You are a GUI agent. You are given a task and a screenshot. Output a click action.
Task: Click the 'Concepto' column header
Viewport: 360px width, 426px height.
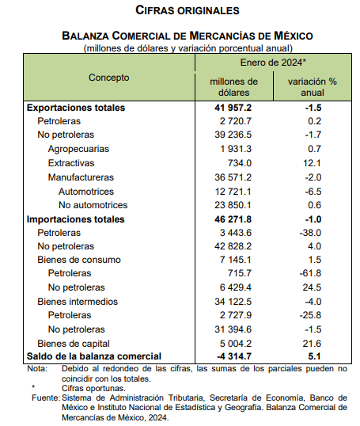(x=109, y=78)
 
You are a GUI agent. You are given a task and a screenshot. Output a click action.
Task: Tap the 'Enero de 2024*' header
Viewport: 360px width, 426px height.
(x=273, y=63)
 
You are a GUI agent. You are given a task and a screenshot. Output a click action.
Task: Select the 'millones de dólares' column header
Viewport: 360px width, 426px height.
(x=233, y=87)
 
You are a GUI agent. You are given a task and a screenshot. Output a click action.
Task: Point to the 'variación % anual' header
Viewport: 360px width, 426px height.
(x=313, y=87)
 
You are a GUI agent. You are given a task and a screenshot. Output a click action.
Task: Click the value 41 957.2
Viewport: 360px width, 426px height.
(x=233, y=108)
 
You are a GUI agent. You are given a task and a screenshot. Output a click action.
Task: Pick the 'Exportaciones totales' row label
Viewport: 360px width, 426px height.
(x=76, y=108)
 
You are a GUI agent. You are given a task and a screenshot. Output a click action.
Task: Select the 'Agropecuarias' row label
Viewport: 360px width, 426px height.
(x=78, y=149)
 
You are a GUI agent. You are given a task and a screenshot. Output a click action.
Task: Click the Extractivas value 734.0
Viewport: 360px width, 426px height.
(x=240, y=163)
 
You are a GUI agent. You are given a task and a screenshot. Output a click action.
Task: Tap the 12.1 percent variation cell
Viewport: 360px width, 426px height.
(x=312, y=163)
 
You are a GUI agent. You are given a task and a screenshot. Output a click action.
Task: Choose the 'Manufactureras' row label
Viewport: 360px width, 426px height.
(x=81, y=177)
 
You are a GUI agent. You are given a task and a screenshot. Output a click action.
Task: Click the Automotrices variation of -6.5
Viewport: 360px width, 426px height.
(x=313, y=192)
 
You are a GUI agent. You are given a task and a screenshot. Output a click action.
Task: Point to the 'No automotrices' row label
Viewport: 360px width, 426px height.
(x=93, y=205)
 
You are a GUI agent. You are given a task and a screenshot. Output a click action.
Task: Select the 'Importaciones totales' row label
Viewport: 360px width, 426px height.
(x=75, y=219)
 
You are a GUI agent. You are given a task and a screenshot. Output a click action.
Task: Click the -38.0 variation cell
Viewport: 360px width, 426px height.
(x=310, y=233)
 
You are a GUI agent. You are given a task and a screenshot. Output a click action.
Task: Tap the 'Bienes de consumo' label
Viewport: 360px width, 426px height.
(x=79, y=260)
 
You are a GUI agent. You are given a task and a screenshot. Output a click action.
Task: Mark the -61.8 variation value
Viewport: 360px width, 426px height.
(x=310, y=273)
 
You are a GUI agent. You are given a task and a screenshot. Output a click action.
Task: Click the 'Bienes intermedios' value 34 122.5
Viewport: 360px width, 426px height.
(x=233, y=302)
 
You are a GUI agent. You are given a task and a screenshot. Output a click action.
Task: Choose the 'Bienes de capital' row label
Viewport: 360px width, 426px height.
(x=74, y=344)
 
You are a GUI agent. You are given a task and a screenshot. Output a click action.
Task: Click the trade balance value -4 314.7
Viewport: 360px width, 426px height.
(x=234, y=356)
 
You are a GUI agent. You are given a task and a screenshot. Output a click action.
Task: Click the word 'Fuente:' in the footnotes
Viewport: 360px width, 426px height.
(x=46, y=397)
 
